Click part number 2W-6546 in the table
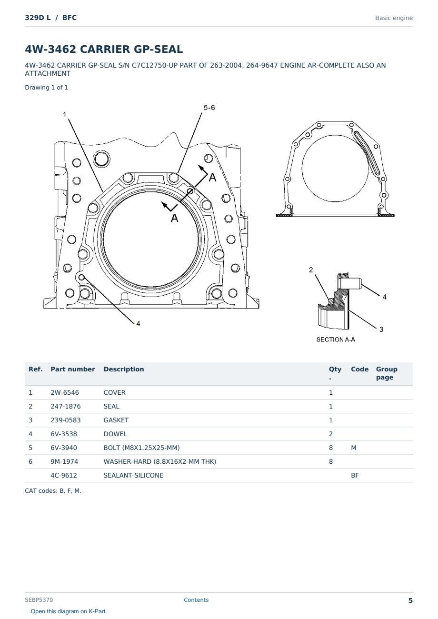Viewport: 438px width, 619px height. pos(64,392)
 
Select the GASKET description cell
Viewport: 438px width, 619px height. pos(116,420)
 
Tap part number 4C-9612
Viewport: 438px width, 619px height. pos(64,475)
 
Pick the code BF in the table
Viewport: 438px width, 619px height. pos(355,475)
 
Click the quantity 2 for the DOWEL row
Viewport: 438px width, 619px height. pos(331,434)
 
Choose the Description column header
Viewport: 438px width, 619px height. pos(123,369)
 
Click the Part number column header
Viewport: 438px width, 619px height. pos(72,369)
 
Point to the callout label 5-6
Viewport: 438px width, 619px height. pos(209,108)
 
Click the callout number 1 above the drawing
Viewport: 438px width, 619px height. pos(64,114)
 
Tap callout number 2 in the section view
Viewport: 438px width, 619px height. pos(311,270)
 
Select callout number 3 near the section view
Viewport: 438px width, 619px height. pos(381,329)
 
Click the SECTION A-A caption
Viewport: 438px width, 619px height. pos(336,339)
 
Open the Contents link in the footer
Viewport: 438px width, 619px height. pos(196,600)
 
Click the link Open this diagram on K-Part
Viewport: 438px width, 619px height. pos(68,611)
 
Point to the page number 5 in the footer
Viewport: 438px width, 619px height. pos(410,600)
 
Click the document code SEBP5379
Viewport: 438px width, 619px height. pos(39,599)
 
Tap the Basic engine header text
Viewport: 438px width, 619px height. pos(394,18)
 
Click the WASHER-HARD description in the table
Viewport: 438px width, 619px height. pos(159,461)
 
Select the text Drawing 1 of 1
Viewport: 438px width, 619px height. pos(47,88)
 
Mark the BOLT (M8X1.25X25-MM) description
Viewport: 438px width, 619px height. pos(141,448)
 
